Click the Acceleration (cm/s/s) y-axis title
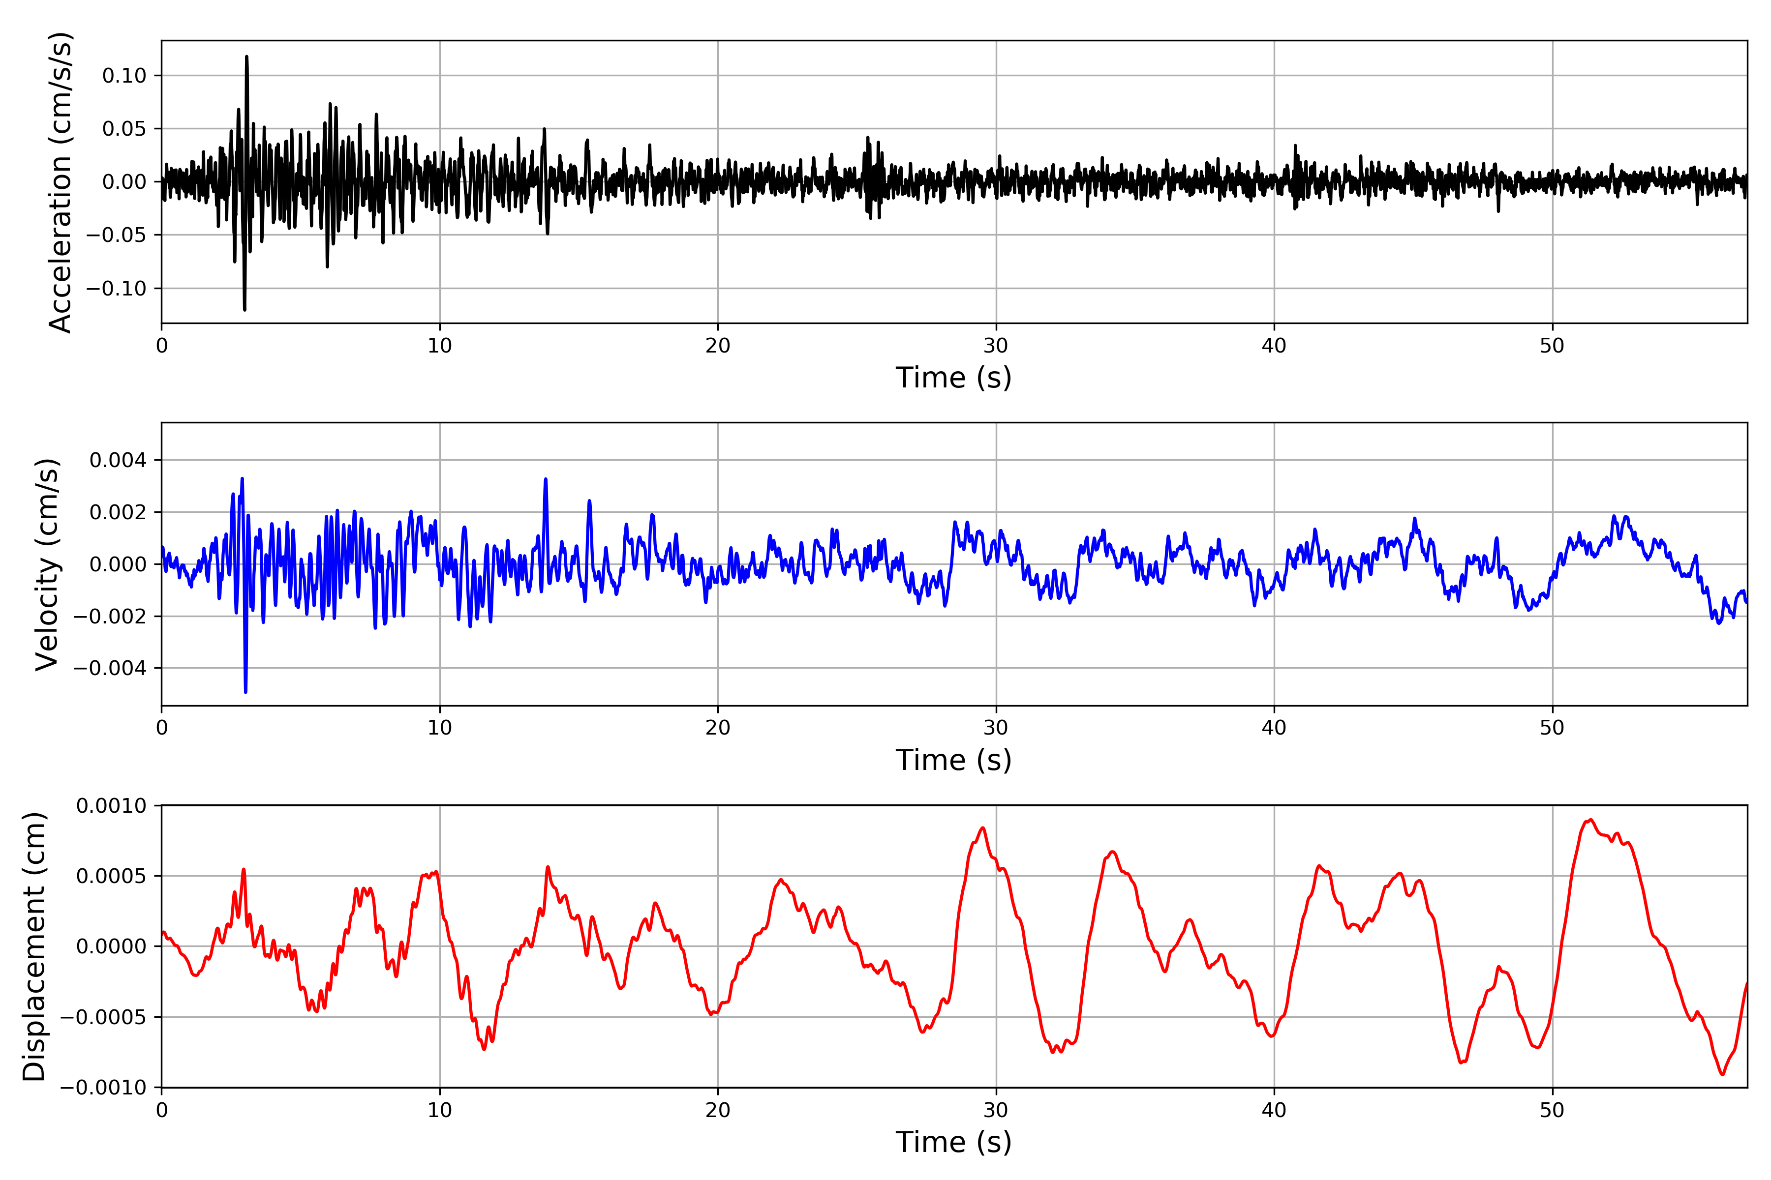pyautogui.click(x=60, y=182)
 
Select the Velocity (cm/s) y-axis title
pyautogui.click(x=47, y=564)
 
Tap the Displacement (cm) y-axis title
pyautogui.click(x=34, y=947)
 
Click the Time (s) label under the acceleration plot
pyautogui.click(x=953, y=378)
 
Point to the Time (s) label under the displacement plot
pyautogui.click(x=953, y=1142)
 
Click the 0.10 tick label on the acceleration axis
pyautogui.click(x=124, y=76)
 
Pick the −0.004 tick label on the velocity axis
pyautogui.click(x=110, y=668)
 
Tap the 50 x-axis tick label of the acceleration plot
pyautogui.click(x=1552, y=346)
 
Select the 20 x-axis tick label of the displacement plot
pyautogui.click(x=718, y=1111)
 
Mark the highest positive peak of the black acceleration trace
pyautogui.click(x=246, y=57)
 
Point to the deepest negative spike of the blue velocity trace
pyautogui.click(x=245, y=691)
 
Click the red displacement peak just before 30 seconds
pyautogui.click(x=982, y=828)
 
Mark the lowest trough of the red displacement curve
pyautogui.click(x=1722, y=1074)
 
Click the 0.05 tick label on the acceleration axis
pyautogui.click(x=124, y=129)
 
